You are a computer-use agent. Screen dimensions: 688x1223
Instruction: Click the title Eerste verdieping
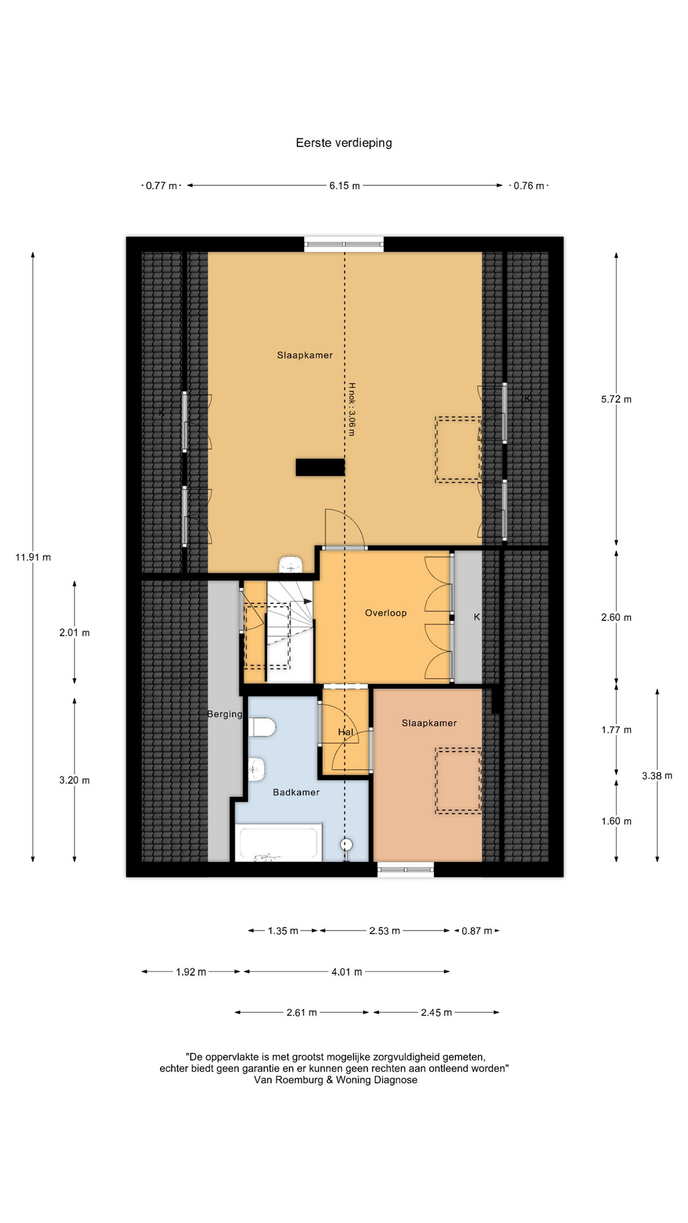click(x=344, y=143)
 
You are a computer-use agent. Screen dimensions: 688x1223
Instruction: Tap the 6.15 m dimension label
click(x=345, y=186)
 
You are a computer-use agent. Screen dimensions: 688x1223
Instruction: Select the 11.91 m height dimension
click(x=33, y=557)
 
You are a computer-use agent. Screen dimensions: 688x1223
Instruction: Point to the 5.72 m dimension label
click(x=616, y=399)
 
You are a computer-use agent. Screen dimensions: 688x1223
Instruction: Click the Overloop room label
click(x=385, y=613)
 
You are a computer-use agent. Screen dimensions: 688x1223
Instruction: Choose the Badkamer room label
click(x=296, y=792)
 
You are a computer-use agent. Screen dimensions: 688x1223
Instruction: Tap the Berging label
click(x=225, y=715)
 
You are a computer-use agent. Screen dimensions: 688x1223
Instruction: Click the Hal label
click(x=345, y=733)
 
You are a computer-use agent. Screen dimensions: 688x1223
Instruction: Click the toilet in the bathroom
click(x=261, y=727)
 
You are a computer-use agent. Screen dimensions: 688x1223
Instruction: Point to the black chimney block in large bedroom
click(x=320, y=468)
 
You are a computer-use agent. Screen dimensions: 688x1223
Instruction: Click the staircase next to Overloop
click(x=290, y=631)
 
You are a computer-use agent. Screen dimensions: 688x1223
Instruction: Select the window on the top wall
click(x=344, y=244)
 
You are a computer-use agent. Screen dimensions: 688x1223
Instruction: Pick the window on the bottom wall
click(x=406, y=869)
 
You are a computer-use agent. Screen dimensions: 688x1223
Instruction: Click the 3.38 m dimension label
click(x=657, y=776)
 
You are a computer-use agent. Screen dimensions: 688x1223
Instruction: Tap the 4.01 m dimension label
click(x=347, y=972)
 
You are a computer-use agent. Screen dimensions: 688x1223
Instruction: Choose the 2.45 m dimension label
click(x=436, y=1013)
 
